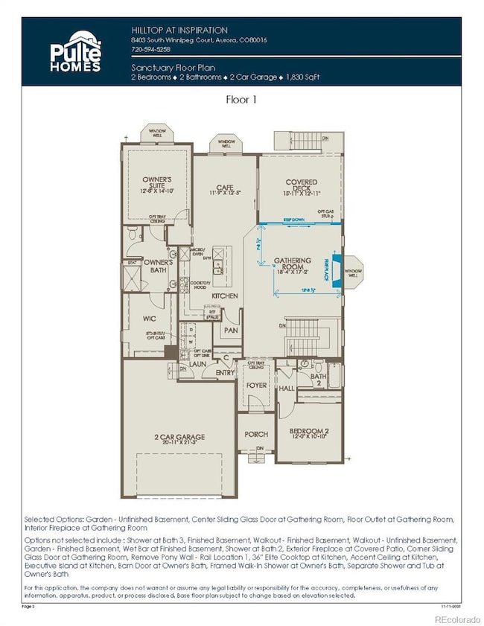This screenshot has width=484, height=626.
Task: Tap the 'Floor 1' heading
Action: [x=241, y=98]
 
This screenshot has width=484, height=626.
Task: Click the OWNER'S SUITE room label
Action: [x=157, y=182]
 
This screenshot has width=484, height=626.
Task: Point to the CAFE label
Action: [x=225, y=189]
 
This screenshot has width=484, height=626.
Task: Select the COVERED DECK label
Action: [x=301, y=186]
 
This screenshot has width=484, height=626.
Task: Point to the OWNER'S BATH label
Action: [x=159, y=266]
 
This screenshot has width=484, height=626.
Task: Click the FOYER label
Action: [x=256, y=386]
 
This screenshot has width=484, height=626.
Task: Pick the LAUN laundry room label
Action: [x=197, y=364]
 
